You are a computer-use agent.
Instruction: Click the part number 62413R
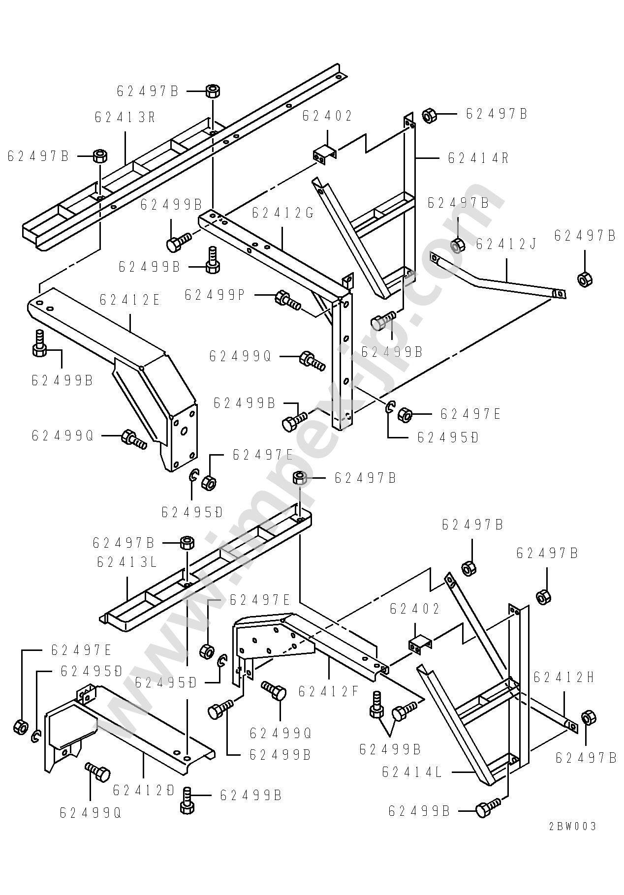(125, 118)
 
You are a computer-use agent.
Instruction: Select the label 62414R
(478, 158)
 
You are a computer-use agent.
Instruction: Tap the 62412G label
(282, 213)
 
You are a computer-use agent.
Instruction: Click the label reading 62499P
(215, 295)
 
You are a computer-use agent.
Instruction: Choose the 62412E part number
(130, 300)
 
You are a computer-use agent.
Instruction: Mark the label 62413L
(127, 562)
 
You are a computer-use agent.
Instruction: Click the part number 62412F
(329, 692)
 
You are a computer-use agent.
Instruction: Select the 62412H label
(563, 678)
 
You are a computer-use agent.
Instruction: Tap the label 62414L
(412, 772)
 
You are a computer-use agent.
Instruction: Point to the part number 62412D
(144, 790)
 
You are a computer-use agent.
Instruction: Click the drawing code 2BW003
(572, 840)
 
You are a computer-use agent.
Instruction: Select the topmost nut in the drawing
(213, 92)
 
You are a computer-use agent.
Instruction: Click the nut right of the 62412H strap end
(588, 718)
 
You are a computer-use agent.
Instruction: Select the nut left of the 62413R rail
(100, 156)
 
